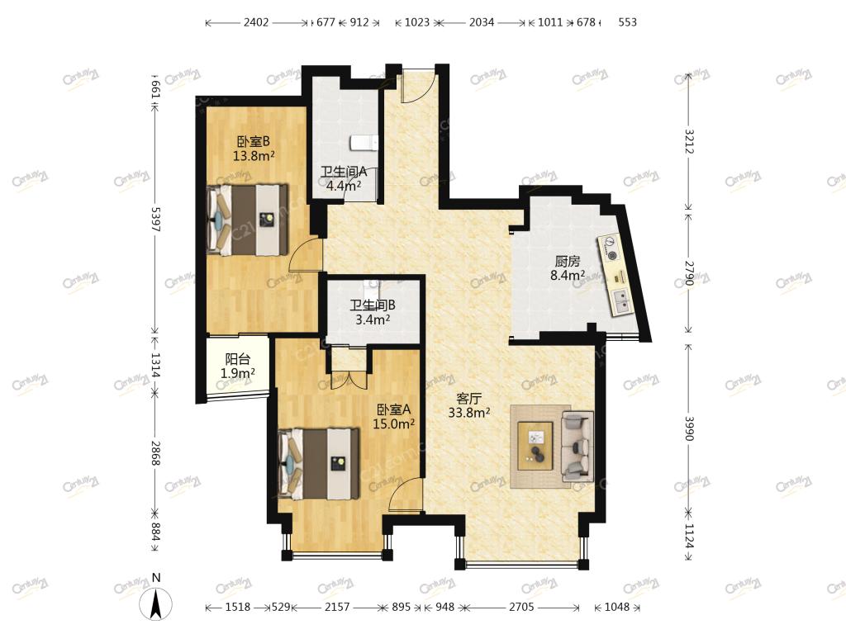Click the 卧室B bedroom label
tap(253, 142)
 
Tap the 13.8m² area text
tap(254, 156)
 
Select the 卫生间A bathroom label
tap(344, 172)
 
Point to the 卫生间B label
tap(373, 305)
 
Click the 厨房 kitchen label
tap(567, 262)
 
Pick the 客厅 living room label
tap(468, 399)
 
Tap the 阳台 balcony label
tap(237, 359)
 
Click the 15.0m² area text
tap(394, 424)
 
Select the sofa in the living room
tap(577, 446)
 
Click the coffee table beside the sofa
tap(535, 446)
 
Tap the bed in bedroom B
tap(248, 220)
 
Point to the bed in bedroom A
tap(319, 464)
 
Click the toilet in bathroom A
tap(364, 143)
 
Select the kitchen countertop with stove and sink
tap(616, 276)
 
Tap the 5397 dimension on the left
tap(156, 220)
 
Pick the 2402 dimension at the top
tap(256, 22)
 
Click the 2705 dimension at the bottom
tap(521, 607)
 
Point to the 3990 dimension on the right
tap(689, 428)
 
